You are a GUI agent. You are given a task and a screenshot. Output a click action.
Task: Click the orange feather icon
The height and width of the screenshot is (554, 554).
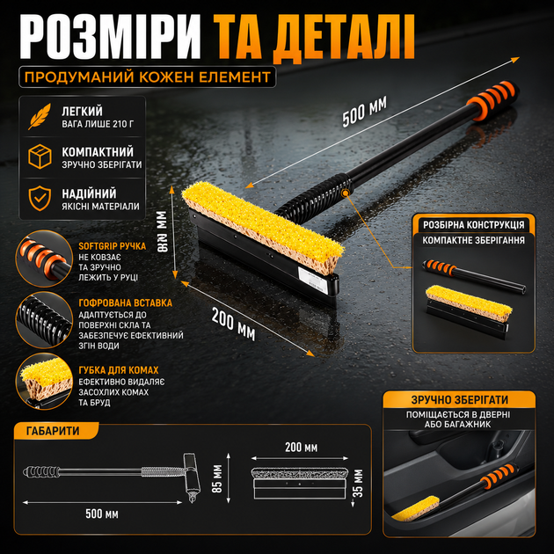coord(40,116)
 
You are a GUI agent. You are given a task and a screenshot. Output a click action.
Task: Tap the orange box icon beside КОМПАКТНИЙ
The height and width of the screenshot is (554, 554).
coord(40,157)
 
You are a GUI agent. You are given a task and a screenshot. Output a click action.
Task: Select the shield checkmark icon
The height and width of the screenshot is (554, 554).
coord(40,198)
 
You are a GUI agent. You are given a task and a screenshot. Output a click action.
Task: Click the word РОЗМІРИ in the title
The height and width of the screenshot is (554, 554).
coord(110,37)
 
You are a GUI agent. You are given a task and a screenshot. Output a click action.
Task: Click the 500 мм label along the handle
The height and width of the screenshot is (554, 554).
coord(365,112)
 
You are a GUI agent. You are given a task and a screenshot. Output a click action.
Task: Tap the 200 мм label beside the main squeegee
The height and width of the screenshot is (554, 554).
coord(234,324)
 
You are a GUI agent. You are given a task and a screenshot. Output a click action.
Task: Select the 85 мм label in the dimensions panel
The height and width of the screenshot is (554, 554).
coord(217,478)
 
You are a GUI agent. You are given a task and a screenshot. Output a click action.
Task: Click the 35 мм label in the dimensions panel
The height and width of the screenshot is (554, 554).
coord(358,484)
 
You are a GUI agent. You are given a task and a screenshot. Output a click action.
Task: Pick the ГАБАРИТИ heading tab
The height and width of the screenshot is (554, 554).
coord(53,431)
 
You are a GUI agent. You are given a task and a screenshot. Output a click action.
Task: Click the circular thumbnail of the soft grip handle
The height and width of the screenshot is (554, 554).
coord(44,259)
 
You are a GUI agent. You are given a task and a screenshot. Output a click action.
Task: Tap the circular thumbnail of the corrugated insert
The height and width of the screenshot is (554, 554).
coord(44,320)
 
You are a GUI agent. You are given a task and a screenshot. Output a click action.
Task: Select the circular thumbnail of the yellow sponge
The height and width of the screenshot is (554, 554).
coord(44,382)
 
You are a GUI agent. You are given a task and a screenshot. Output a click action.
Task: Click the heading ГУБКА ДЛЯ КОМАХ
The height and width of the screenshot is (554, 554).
coord(119,370)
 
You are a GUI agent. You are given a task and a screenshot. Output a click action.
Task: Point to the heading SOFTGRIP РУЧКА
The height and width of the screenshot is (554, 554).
coord(113,246)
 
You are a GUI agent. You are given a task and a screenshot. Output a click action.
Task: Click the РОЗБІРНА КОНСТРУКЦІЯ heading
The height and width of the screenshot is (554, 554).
coord(474,225)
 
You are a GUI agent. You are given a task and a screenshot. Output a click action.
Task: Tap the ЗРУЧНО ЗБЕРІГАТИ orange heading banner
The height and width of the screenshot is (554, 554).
coord(459,399)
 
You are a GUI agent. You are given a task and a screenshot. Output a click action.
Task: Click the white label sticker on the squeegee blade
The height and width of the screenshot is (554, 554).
coord(311,278)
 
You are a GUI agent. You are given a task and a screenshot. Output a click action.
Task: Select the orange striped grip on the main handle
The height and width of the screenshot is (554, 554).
coord(492,101)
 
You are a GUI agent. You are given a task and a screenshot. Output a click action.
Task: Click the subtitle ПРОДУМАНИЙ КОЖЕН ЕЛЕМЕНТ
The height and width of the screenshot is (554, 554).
coord(148,77)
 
